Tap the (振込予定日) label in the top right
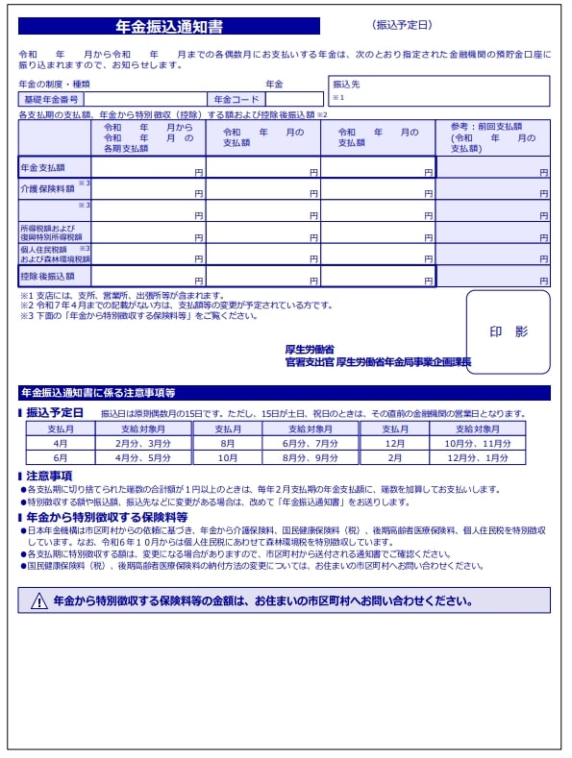(x=402, y=25)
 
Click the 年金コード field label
(x=236, y=99)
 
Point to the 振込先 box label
(x=346, y=85)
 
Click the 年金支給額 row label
(x=42, y=168)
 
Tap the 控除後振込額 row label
(x=47, y=277)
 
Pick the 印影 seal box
(x=508, y=331)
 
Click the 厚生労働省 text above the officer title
(x=310, y=350)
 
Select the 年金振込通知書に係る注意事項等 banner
(x=99, y=393)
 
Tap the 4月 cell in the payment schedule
(x=61, y=444)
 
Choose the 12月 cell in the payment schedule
(x=395, y=444)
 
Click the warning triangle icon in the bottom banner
(x=38, y=601)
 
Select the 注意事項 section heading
(x=49, y=476)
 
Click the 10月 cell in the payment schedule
(x=227, y=458)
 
